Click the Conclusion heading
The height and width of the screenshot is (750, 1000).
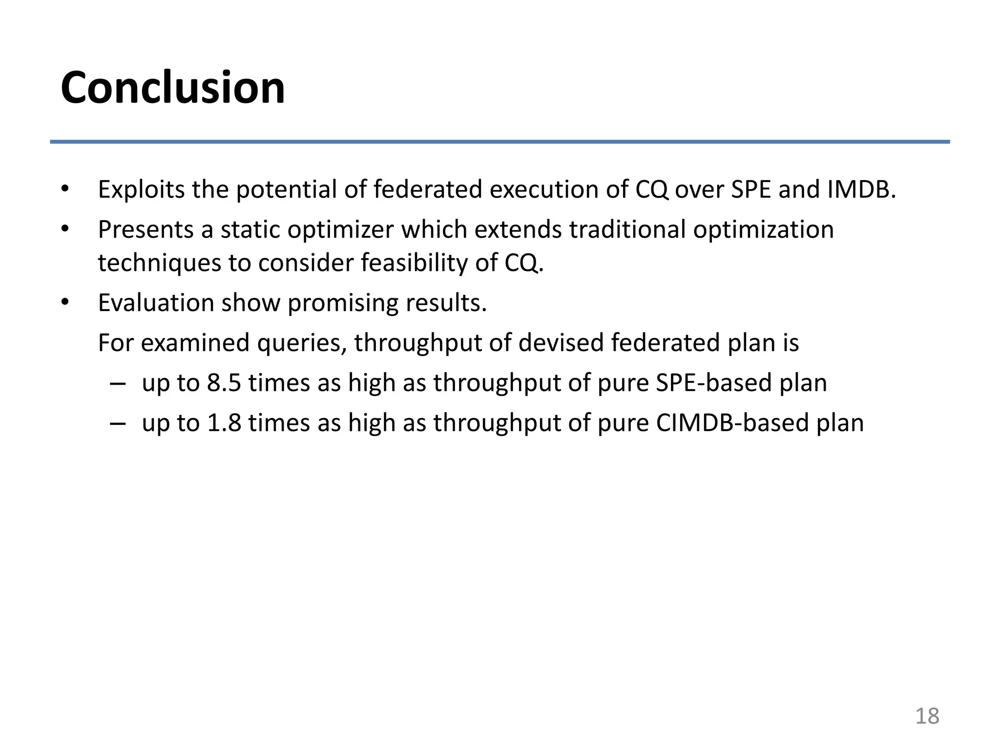coord(173,88)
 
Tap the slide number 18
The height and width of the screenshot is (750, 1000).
coord(927,716)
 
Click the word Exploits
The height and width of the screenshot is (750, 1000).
coord(141,189)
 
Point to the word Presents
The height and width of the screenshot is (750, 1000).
coord(146,229)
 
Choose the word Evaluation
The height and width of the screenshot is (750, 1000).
coord(156,303)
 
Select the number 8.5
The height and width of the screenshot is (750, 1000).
coord(224,383)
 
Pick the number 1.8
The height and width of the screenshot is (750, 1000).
coord(224,423)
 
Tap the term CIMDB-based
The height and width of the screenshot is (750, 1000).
coord(731,423)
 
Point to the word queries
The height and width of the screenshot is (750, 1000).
coord(302,343)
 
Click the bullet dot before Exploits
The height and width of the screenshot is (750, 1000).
coord(65,189)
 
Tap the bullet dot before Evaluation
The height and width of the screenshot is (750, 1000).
coord(65,303)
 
